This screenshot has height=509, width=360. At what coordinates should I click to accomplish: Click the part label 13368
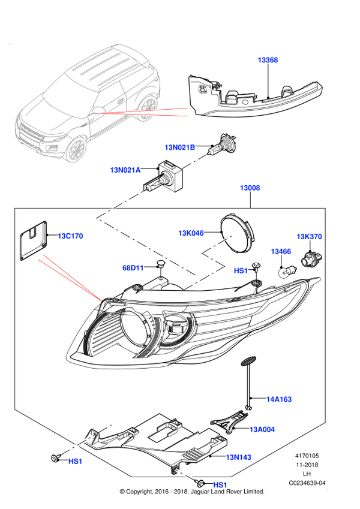coord(268,60)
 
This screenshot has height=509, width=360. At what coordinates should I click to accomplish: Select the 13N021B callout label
coord(179,147)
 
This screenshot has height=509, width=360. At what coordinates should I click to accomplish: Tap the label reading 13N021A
coord(125,170)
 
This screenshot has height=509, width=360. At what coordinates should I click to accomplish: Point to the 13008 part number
coord(250,188)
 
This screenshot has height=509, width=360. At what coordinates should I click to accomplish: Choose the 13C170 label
coord(71,236)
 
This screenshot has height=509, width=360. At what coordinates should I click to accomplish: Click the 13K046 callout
coord(191,233)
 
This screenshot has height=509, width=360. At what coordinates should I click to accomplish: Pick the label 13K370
coord(309,237)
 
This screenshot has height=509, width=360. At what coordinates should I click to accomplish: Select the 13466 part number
coord(281,252)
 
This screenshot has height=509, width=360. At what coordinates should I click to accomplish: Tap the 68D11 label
coord(133,268)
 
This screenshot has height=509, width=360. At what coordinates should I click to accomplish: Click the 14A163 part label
coord(279,399)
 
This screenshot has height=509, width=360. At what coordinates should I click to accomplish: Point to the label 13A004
coord(262,430)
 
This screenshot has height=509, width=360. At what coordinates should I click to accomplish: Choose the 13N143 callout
coord(238,457)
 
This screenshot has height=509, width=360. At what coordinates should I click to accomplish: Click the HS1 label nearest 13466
coord(241,271)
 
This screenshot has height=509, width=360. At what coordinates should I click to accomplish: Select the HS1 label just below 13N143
coord(220,484)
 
